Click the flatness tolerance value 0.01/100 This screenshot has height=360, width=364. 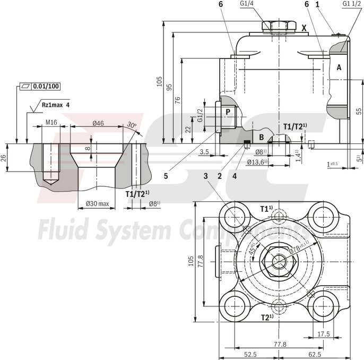(x=46, y=86)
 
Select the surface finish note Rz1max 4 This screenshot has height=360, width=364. (x=56, y=105)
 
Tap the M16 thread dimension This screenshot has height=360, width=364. (x=51, y=123)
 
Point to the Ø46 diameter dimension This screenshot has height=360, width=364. (x=98, y=123)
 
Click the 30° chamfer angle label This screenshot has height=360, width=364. (x=132, y=125)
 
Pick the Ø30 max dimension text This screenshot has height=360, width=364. (x=97, y=203)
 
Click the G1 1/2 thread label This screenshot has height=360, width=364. (x=351, y=4)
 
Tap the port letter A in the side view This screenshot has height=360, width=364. (x=338, y=68)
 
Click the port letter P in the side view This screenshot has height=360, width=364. (x=227, y=112)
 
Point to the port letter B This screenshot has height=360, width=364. (x=261, y=136)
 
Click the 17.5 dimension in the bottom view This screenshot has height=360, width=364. (x=323, y=334)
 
